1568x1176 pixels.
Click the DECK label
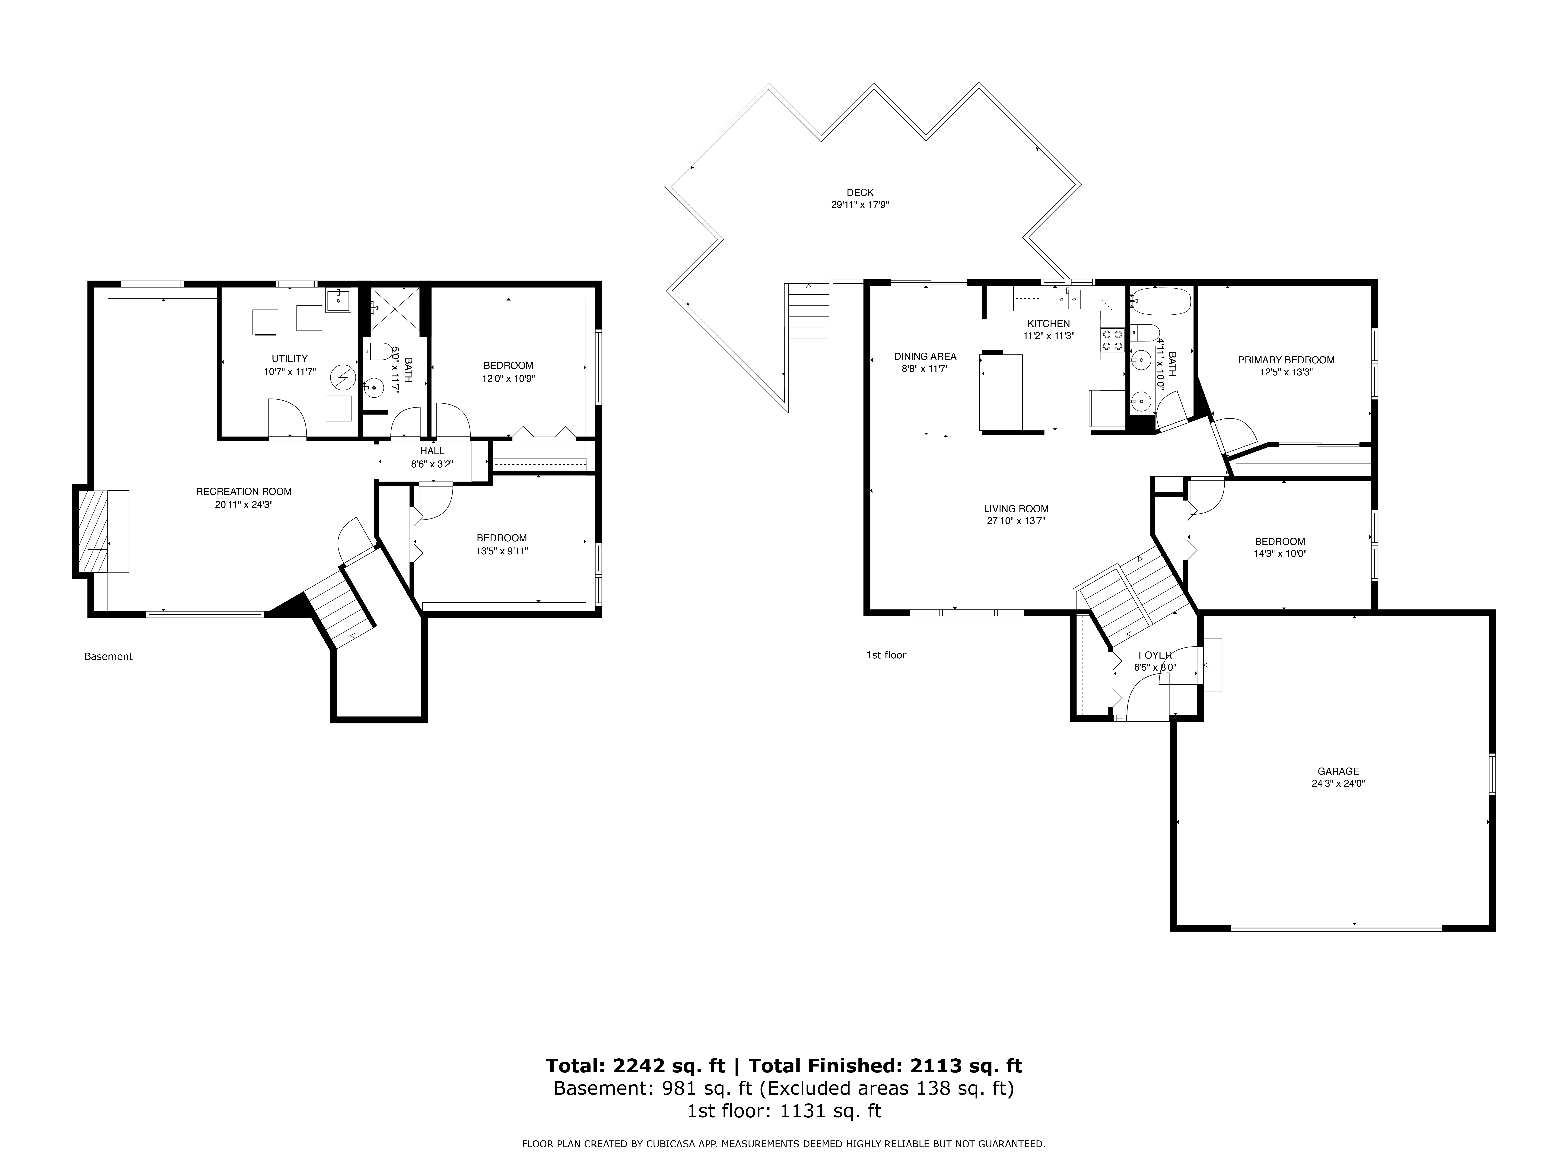pyautogui.click(x=860, y=192)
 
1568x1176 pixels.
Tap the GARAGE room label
pyautogui.click(x=1338, y=771)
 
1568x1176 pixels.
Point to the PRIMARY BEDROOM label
pyautogui.click(x=1286, y=360)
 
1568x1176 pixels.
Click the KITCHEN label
pyautogui.click(x=1048, y=324)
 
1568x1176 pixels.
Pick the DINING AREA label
pyautogui.click(x=925, y=357)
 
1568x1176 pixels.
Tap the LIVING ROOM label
pyautogui.click(x=1016, y=509)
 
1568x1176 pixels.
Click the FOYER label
pyautogui.click(x=1155, y=656)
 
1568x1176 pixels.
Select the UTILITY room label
pyautogui.click(x=290, y=359)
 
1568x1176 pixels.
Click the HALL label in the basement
pyautogui.click(x=432, y=451)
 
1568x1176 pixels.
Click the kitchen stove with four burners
pyautogui.click(x=1112, y=340)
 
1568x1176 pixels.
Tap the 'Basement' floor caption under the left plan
pyautogui.click(x=108, y=656)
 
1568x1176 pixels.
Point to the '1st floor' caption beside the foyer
pyautogui.click(x=886, y=655)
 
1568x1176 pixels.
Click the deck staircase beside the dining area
pyautogui.click(x=808, y=323)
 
